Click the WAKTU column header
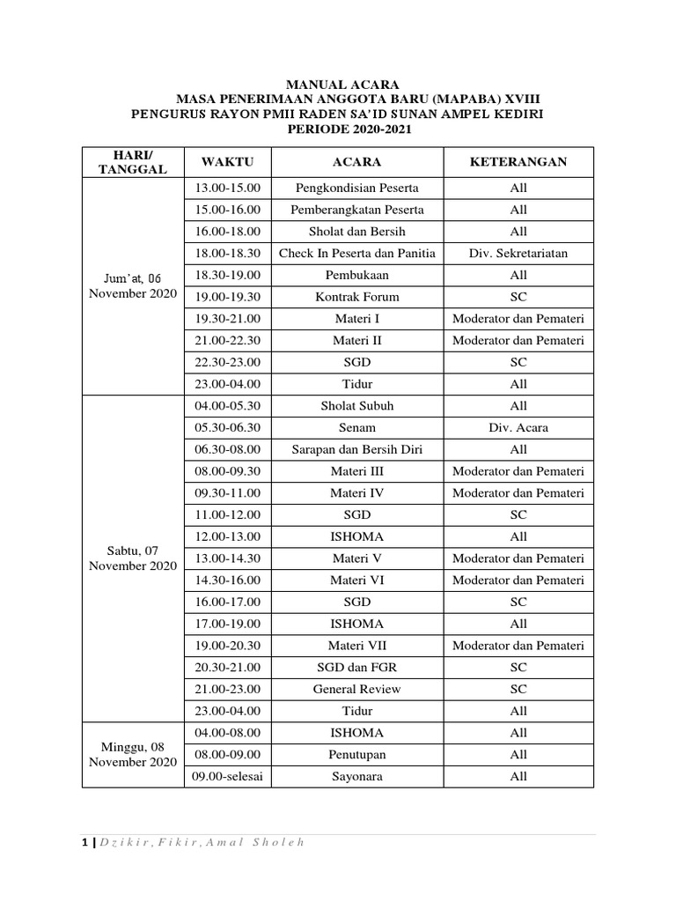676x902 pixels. pyautogui.click(x=227, y=162)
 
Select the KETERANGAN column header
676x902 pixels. pyautogui.click(x=518, y=162)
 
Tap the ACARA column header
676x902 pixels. pyautogui.click(x=356, y=162)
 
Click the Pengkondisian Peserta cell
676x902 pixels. pyautogui.click(x=356, y=188)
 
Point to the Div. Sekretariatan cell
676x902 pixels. pyautogui.click(x=518, y=253)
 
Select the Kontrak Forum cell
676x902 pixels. pyautogui.click(x=356, y=297)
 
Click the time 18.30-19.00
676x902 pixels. pyautogui.click(x=227, y=275)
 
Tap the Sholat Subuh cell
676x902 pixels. pyautogui.click(x=356, y=406)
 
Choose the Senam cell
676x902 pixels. pyautogui.click(x=356, y=428)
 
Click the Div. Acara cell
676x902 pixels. pyautogui.click(x=518, y=428)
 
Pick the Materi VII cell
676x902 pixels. pyautogui.click(x=356, y=646)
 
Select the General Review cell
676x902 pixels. pyautogui.click(x=356, y=689)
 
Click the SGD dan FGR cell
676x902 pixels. pyautogui.click(x=356, y=668)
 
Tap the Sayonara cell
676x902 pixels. pyautogui.click(x=356, y=776)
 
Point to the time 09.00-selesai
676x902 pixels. pyautogui.click(x=227, y=776)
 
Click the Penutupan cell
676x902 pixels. pyautogui.click(x=356, y=755)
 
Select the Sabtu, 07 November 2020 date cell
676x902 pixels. pyautogui.click(x=133, y=558)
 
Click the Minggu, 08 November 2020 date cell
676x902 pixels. pyautogui.click(x=133, y=754)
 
